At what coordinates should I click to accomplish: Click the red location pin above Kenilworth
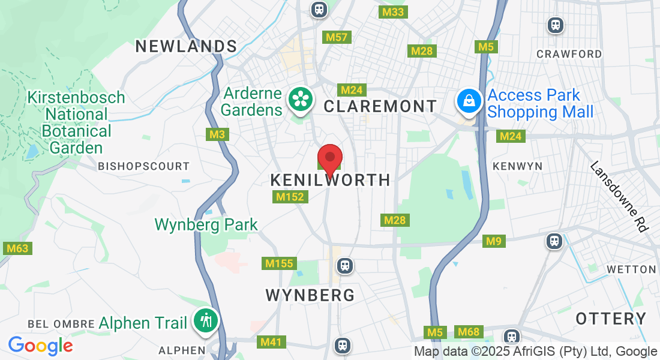point(329,159)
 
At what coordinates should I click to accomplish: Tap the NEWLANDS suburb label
point(186,46)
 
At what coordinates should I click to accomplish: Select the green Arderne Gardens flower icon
point(299,99)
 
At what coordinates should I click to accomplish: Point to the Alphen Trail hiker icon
point(206,321)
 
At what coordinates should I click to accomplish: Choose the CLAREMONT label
point(380,106)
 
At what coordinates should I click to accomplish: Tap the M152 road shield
point(290,196)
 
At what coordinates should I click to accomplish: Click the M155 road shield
point(279,263)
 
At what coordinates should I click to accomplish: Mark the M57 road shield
point(337,37)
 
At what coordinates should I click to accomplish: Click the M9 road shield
point(494,241)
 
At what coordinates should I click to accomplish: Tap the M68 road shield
point(469,331)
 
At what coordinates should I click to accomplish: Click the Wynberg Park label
point(206,224)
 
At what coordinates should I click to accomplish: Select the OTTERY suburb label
point(611,319)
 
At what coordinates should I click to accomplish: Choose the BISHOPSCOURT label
point(143,166)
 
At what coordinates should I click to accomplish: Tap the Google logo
point(40,345)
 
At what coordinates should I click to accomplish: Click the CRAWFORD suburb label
point(569,54)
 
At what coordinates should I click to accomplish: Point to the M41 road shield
point(270,342)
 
